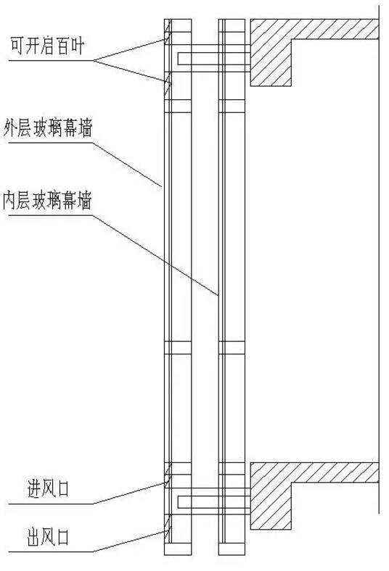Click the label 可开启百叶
pos(47,46)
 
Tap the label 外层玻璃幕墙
pos(48,128)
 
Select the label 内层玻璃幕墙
pos(47,200)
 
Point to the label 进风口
pos(48,488)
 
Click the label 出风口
pos(48,537)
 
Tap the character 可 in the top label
pos(17,46)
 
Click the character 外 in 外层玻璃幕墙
pos(11,128)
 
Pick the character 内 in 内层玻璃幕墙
pos(10,200)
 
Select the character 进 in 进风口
pos(34,488)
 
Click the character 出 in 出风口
pos(34,537)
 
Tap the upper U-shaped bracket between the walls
pos(213,59)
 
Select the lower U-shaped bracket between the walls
pos(213,502)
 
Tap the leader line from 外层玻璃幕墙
pos(127,164)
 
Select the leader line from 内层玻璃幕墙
pos(155,255)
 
